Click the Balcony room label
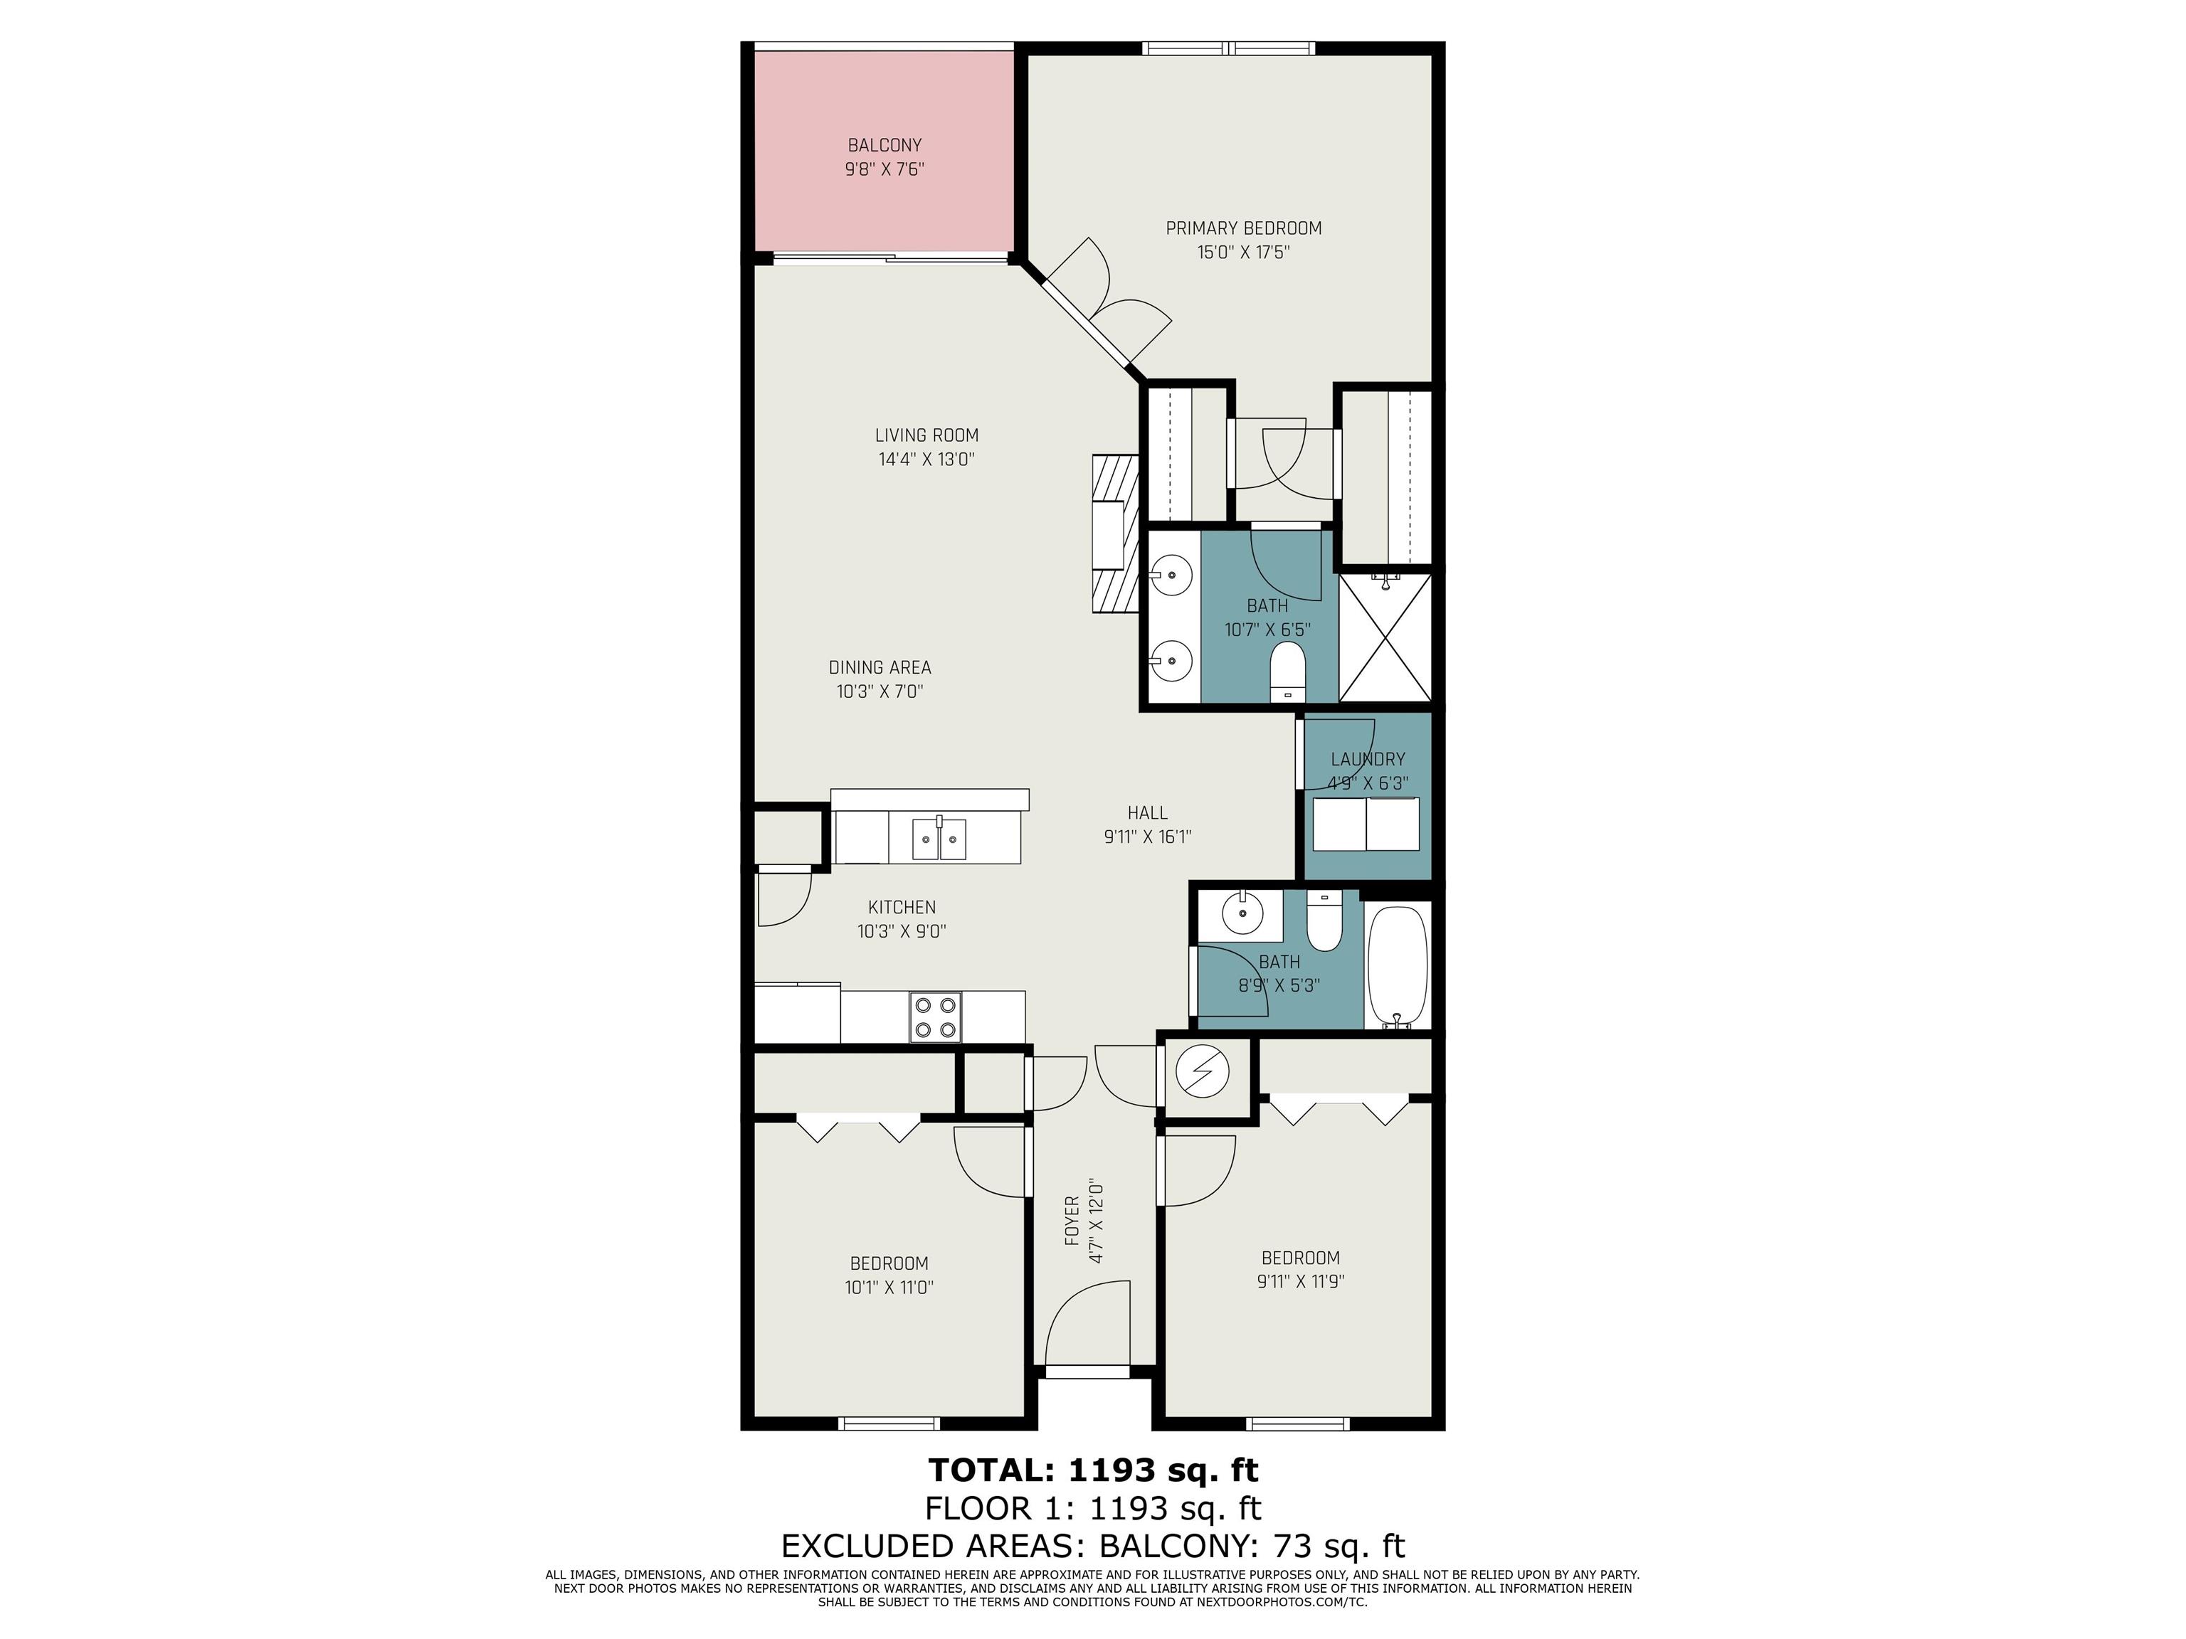tap(885, 145)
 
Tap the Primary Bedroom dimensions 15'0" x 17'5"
tap(1243, 252)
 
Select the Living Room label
tap(927, 435)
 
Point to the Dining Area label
tap(880, 668)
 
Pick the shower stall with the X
tap(1385, 637)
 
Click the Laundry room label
tap(1368, 759)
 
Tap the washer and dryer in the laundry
tap(1366, 824)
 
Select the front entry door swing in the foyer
tap(1087, 1324)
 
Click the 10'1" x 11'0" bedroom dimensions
tap(889, 1288)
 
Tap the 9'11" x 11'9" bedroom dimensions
tap(1301, 1281)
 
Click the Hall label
tap(1147, 813)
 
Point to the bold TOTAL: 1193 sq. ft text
tap(1093, 1470)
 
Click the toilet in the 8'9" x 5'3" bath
tap(1324, 920)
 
